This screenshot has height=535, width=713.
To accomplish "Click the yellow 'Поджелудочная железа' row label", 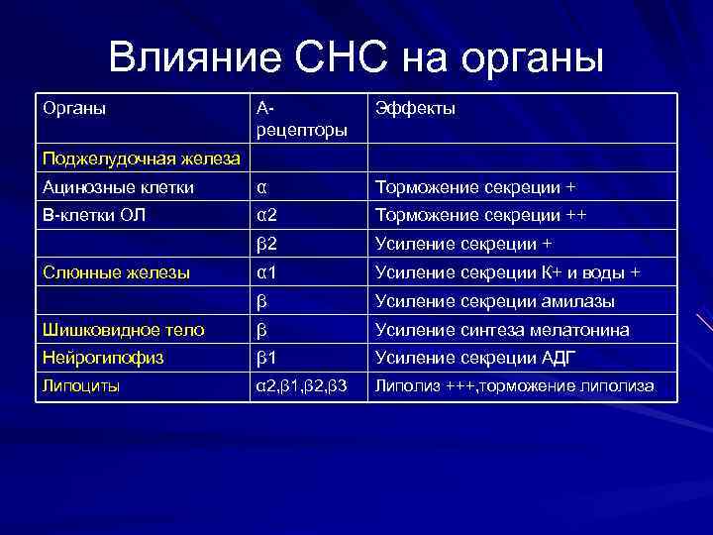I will (142, 160).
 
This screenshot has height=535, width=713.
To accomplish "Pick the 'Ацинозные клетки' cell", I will (104, 186).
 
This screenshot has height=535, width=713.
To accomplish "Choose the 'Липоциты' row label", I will (80, 386).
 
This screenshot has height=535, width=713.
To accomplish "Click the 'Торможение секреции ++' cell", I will (480, 215).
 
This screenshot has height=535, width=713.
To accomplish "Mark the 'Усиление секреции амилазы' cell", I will (494, 301).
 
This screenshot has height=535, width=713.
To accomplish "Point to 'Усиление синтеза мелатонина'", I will (501, 330).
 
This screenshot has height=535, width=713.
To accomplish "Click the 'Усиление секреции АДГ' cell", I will (474, 358).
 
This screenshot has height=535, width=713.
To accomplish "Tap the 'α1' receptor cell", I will (266, 272).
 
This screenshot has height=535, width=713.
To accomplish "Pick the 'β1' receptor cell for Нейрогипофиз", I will (266, 358).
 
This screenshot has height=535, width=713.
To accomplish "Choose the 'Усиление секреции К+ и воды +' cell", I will (507, 272).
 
